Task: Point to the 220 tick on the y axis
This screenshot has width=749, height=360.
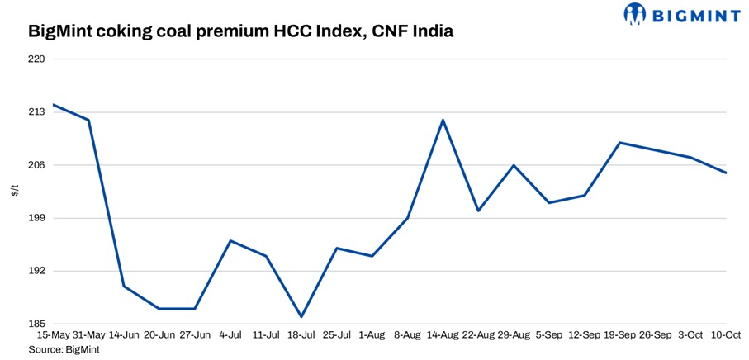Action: pyautogui.click(x=36, y=59)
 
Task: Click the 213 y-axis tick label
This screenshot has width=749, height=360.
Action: pyautogui.click(x=36, y=112)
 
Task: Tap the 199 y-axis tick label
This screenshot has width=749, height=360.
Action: pyautogui.click(x=36, y=218)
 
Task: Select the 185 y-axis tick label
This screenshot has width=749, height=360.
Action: pyautogui.click(x=36, y=324)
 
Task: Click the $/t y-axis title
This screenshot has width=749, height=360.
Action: pyautogui.click(x=15, y=192)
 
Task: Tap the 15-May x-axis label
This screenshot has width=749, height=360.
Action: pyautogui.click(x=53, y=336)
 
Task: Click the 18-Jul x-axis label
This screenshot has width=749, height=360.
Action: pyautogui.click(x=301, y=336)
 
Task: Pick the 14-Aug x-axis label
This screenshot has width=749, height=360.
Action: pyautogui.click(x=443, y=336)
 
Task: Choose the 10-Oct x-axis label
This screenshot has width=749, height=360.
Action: pyautogui.click(x=726, y=336)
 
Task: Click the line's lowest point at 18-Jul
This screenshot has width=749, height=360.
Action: pyautogui.click(x=301, y=316)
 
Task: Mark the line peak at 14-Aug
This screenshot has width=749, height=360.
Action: pyautogui.click(x=443, y=120)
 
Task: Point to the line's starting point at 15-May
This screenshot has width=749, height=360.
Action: pyautogui.click(x=53, y=105)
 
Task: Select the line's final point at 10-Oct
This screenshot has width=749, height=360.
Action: pyautogui.click(x=726, y=173)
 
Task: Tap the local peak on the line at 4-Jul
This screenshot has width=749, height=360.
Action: pyautogui.click(x=230, y=240)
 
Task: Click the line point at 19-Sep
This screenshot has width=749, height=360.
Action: pyautogui.click(x=620, y=143)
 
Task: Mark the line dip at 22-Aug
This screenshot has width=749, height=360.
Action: pyautogui.click(x=478, y=211)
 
